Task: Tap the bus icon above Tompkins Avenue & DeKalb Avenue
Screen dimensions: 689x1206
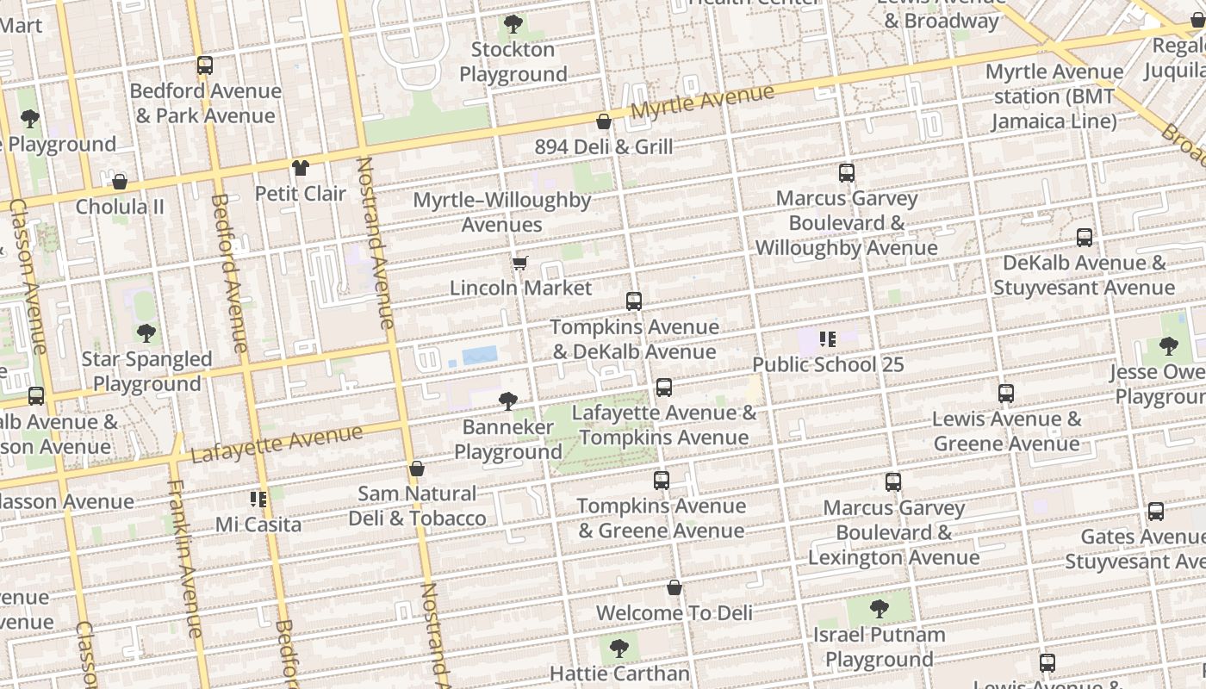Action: (x=634, y=301)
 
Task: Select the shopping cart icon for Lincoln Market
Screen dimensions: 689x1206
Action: (x=519, y=263)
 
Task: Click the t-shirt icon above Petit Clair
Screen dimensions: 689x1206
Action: (x=300, y=168)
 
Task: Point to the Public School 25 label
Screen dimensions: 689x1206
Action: (x=828, y=364)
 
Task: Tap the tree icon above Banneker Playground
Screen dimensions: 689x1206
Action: (x=508, y=400)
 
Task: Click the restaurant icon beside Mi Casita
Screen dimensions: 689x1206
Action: (x=258, y=499)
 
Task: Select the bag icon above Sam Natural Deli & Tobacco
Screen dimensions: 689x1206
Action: (x=417, y=469)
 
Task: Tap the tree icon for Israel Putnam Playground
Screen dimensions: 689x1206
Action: (x=879, y=609)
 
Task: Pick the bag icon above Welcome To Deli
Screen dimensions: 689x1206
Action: (x=674, y=587)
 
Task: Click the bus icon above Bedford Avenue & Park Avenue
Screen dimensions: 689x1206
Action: (x=204, y=65)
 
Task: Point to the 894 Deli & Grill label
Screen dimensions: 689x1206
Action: (x=603, y=147)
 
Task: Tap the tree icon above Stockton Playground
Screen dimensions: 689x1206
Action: (x=513, y=24)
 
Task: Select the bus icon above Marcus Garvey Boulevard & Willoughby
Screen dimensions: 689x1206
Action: (x=847, y=173)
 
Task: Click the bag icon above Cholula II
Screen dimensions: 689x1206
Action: (x=120, y=182)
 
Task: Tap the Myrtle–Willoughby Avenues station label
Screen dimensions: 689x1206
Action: (x=502, y=213)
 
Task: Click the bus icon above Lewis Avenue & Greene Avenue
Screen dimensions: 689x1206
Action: (x=1006, y=394)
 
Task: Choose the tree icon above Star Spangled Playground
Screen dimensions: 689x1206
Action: (x=146, y=333)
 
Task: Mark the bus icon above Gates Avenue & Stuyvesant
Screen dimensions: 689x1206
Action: (x=1156, y=512)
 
